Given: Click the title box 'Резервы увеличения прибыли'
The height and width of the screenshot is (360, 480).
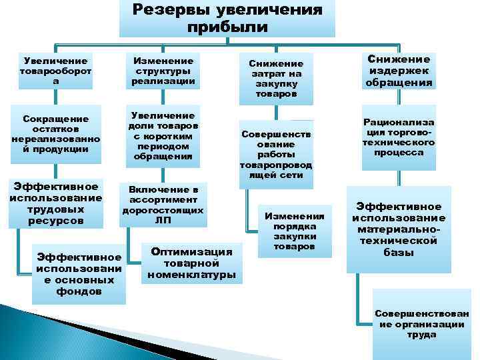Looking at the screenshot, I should (x=227, y=19).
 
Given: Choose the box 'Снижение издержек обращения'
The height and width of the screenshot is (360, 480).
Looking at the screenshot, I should (x=399, y=71).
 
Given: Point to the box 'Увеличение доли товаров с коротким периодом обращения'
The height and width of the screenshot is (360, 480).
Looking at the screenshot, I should (x=163, y=137).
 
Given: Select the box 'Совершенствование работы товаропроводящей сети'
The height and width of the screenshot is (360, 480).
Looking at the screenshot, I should (x=276, y=153).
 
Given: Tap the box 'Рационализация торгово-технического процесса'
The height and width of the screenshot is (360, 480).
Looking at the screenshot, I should (x=399, y=137).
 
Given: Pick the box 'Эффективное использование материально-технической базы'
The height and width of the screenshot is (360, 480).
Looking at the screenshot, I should (x=399, y=229).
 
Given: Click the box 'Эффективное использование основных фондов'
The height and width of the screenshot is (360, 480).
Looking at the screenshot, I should (x=79, y=273).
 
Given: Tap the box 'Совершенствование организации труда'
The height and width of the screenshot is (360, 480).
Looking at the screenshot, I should (x=421, y=323).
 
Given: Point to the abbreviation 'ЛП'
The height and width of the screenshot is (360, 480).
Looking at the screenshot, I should (x=163, y=219).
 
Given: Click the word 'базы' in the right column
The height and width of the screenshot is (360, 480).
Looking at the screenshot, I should (x=398, y=252).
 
